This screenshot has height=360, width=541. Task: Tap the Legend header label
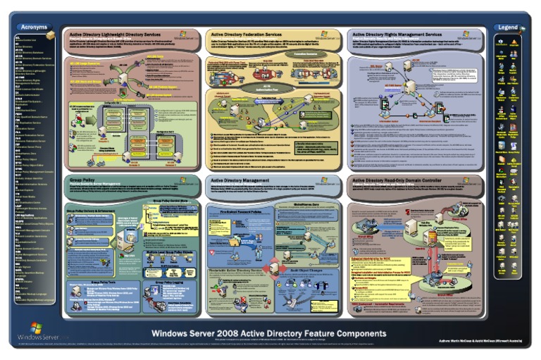506,27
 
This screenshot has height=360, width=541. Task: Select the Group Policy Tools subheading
99,282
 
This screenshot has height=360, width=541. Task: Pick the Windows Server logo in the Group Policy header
187,181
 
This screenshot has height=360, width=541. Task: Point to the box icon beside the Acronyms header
50,32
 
